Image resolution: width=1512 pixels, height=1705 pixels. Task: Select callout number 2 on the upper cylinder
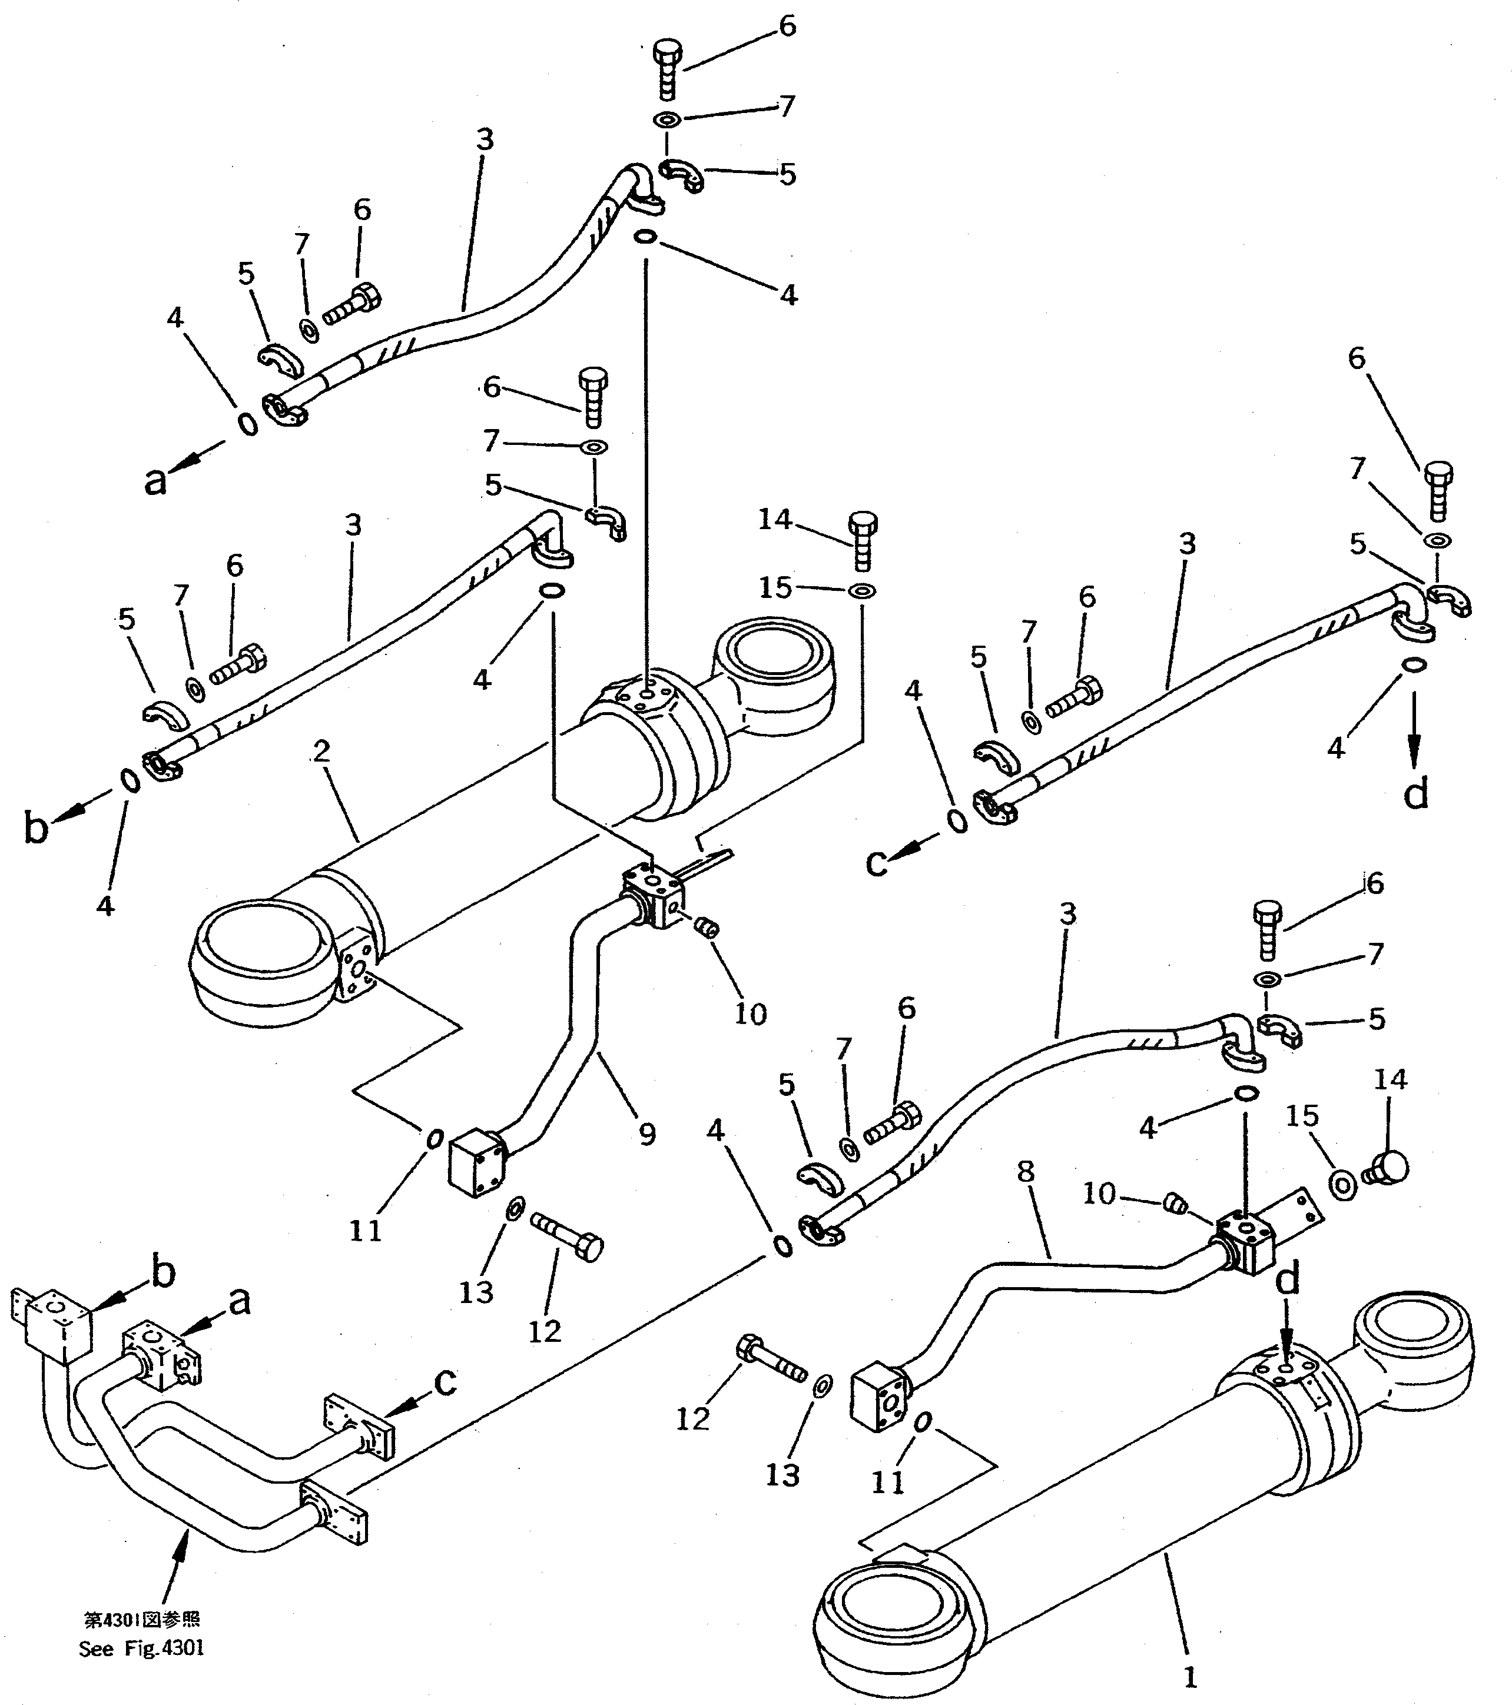[x=322, y=751]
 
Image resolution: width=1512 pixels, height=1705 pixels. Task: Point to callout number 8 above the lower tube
[x=1026, y=1171]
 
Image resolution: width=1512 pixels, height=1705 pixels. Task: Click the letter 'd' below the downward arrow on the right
[x=1416, y=792]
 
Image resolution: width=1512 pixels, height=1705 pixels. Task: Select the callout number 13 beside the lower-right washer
[x=782, y=1475]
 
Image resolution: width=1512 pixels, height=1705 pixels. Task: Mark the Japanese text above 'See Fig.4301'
[x=141, y=1619]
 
